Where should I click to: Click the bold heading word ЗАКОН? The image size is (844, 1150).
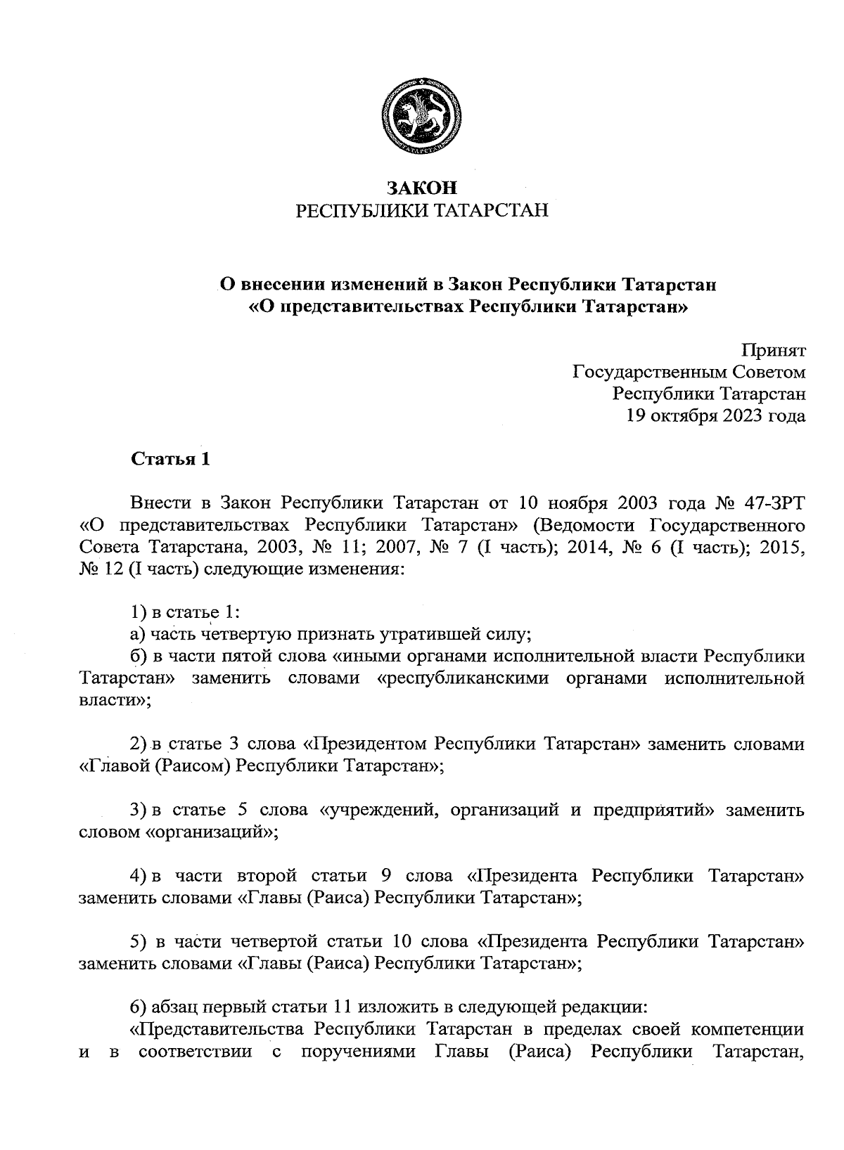(x=422, y=188)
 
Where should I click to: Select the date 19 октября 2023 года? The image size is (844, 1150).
(x=715, y=415)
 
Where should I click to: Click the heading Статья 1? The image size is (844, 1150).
(x=170, y=460)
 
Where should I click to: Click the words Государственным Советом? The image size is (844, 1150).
(x=689, y=372)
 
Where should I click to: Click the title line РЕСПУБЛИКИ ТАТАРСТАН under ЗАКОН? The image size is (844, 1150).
(x=422, y=211)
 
